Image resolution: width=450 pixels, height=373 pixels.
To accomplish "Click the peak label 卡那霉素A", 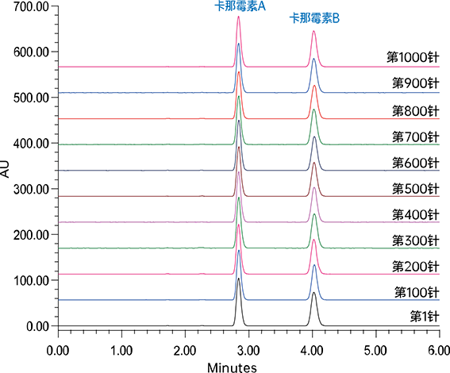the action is click(x=240, y=6).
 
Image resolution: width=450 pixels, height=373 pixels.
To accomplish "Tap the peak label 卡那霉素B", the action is click(x=314, y=18).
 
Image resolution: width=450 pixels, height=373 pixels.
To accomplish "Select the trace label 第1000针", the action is click(x=413, y=57).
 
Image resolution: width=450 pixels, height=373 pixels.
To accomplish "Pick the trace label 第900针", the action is click(x=416, y=83).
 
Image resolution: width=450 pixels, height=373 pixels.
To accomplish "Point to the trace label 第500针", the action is click(x=416, y=189).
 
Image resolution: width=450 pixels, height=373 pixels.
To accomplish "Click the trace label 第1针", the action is click(x=425, y=317).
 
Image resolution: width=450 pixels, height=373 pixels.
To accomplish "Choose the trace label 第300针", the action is click(x=416, y=240).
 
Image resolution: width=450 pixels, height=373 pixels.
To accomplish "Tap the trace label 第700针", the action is click(x=416, y=137).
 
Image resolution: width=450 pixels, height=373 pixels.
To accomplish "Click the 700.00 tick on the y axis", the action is click(x=31, y=6).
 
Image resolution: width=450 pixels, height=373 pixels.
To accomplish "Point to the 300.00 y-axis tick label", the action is click(x=31, y=189).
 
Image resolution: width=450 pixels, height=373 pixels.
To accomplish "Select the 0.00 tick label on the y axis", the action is click(x=37, y=326).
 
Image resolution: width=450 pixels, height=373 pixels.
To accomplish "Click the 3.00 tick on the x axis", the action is click(x=248, y=351).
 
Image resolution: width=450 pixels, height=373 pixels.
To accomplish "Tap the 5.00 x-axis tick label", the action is click(x=375, y=351).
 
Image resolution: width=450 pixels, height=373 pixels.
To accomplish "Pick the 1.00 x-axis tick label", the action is click(x=121, y=351).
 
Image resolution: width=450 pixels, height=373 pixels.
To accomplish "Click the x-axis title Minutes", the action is click(x=232, y=367).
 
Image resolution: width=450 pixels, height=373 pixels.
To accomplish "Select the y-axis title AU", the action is click(x=6, y=169).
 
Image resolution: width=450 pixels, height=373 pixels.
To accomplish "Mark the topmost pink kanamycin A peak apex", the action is click(x=238, y=17).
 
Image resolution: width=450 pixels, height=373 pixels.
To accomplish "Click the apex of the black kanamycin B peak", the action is click(x=313, y=292).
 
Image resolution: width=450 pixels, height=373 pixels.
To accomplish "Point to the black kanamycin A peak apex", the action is click(x=238, y=278).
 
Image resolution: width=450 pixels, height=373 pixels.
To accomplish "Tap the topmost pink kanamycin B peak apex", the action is click(x=313, y=31).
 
